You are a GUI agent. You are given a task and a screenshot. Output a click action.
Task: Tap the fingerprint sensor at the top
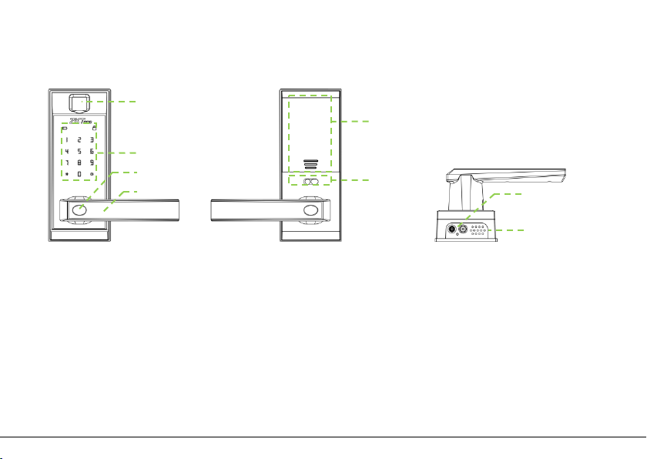(x=78, y=102)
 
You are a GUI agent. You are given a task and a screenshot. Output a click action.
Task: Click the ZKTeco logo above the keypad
(x=79, y=121)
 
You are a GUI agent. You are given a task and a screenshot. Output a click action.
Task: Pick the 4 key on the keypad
(x=66, y=152)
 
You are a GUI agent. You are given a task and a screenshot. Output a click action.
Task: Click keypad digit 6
(x=92, y=152)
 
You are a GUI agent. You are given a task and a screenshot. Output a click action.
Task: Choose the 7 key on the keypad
(x=66, y=163)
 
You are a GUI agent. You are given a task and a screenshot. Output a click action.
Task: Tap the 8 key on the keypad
(x=79, y=163)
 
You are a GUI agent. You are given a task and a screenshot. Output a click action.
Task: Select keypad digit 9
(x=92, y=163)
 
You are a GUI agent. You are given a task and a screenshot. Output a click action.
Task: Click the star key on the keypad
(x=66, y=175)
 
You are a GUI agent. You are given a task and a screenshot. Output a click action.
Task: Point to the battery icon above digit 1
(x=65, y=129)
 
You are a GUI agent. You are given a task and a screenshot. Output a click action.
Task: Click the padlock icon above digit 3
(x=93, y=128)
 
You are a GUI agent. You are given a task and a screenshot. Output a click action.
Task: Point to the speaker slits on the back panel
(x=310, y=164)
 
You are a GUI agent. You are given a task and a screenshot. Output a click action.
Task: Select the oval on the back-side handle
(x=310, y=211)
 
